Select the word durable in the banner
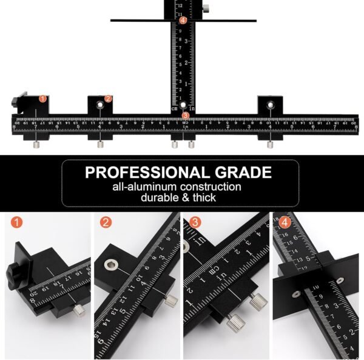[160, 198]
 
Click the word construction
[211, 187]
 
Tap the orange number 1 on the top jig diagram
[42, 98]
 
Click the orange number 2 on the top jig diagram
[108, 98]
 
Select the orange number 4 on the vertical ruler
[183, 20]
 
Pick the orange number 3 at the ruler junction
[186, 115]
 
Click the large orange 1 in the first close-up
[16, 222]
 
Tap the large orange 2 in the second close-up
[106, 222]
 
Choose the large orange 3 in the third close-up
[195, 222]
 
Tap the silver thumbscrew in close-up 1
[79, 310]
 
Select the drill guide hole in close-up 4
[295, 294]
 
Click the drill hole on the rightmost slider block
[271, 105]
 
